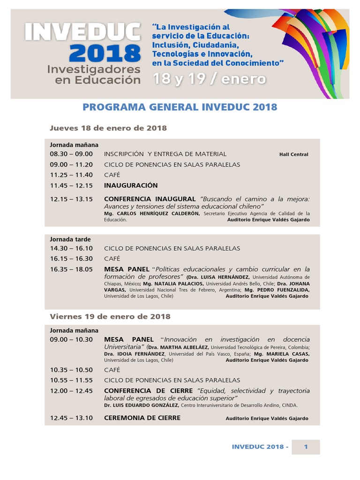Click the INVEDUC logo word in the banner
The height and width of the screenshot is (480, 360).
82,33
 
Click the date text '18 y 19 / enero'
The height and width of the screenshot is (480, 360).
209,79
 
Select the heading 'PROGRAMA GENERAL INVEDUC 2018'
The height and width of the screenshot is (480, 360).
180,107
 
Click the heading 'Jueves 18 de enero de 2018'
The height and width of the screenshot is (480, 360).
108,128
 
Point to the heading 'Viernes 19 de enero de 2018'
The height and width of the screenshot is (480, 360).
110,316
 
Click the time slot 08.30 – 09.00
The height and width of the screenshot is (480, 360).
71,154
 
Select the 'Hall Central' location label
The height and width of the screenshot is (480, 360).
293,154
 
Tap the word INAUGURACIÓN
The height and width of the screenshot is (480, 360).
131,185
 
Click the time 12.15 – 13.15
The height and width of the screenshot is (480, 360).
71,199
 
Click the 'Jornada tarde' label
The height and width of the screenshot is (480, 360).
70,239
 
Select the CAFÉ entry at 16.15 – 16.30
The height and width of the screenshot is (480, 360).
112,258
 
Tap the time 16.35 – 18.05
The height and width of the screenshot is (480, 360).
71,269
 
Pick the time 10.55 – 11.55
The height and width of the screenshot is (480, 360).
71,380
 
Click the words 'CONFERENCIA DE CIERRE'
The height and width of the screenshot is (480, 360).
148,390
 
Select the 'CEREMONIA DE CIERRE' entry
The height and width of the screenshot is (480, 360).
142,418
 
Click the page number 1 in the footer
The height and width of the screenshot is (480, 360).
306,447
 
